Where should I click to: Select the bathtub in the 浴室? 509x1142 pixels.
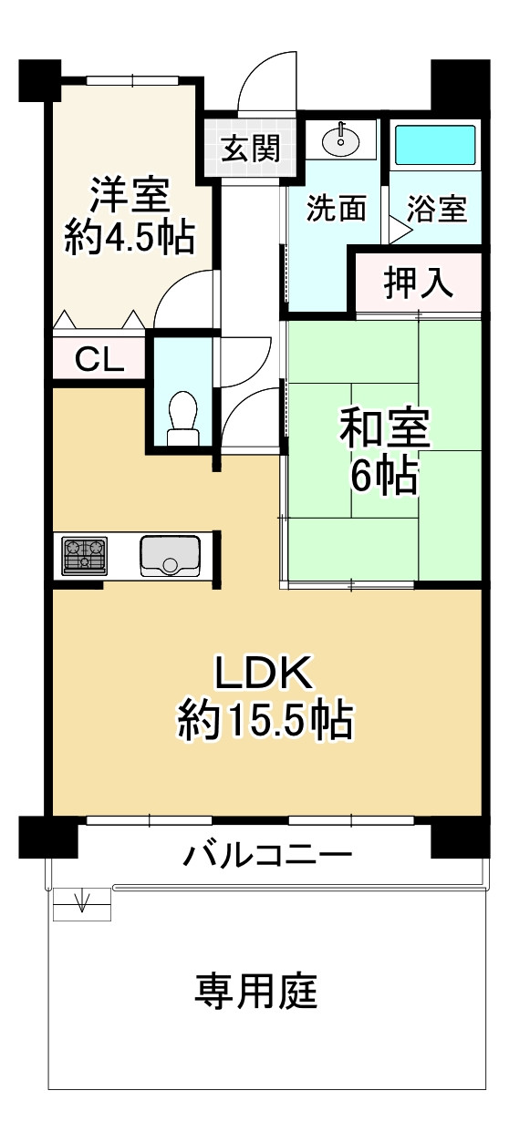434,145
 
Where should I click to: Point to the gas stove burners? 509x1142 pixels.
85,555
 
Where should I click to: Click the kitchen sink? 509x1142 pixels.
170,555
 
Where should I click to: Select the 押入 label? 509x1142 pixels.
418,284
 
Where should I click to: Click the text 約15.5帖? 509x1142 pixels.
265,721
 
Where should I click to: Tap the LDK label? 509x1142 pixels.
265,675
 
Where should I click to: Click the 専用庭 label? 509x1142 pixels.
256,991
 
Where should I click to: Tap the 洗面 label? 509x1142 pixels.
336,210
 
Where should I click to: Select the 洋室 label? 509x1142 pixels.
129,195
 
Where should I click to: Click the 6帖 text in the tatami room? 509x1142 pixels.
384,475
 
